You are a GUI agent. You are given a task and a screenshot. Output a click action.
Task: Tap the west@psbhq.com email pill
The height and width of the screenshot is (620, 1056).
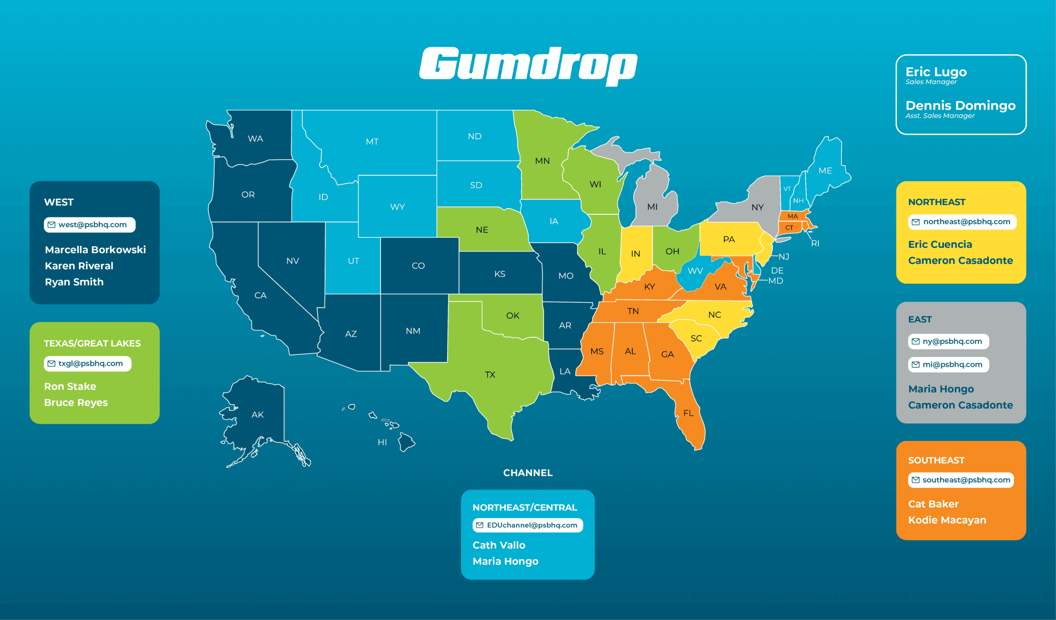click(90, 225)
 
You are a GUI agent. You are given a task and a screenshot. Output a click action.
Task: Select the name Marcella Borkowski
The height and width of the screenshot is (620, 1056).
click(95, 250)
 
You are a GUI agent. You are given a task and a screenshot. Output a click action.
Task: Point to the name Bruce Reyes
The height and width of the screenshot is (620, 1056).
click(76, 402)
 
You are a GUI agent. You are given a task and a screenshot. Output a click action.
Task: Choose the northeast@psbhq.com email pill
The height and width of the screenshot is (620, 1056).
click(962, 222)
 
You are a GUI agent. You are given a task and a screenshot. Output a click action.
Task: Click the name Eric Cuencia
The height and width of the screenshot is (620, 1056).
click(940, 244)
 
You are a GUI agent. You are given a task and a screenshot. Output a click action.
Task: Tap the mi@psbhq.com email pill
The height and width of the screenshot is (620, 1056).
click(948, 365)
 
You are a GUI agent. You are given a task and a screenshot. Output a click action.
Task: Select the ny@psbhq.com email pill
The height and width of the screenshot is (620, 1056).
click(948, 341)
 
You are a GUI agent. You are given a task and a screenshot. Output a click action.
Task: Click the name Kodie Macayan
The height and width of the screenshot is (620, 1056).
click(947, 520)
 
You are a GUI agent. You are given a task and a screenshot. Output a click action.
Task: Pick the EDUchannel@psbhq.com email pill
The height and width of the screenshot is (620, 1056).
click(528, 525)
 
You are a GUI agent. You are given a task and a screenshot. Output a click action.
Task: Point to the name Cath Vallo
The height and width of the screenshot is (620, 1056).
click(499, 545)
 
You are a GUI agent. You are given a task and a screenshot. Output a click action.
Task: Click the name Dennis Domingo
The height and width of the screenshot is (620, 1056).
click(960, 105)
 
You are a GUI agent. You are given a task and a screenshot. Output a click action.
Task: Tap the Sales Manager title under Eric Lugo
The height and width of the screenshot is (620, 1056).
click(931, 82)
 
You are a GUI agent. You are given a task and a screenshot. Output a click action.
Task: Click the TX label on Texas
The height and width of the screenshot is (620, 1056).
click(490, 375)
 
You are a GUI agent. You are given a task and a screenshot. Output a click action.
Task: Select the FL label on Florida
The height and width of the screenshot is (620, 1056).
click(688, 413)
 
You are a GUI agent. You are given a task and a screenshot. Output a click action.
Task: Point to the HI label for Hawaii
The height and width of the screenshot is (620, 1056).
click(382, 442)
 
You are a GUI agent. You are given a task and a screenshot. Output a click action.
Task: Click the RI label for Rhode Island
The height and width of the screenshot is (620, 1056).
click(815, 244)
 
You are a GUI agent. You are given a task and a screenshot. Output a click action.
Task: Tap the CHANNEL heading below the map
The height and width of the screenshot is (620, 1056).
click(528, 473)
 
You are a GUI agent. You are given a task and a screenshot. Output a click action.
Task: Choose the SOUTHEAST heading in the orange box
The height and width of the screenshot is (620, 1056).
click(936, 460)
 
